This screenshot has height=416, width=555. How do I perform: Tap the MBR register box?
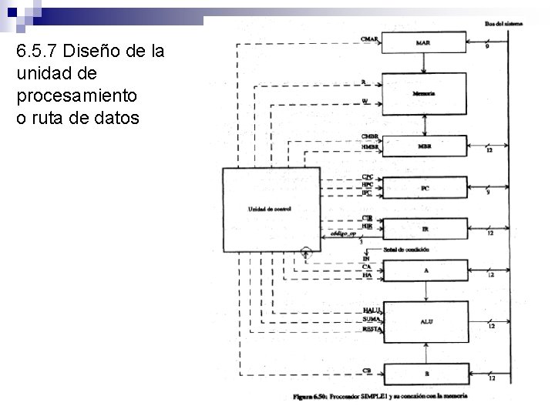[425, 146]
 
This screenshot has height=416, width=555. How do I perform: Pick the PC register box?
[425, 187]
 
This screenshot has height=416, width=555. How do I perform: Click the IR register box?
[425, 229]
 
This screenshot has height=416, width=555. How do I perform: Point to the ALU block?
[425, 321]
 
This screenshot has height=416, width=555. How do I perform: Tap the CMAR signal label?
[369, 39]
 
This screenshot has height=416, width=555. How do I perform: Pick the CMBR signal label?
[370, 137]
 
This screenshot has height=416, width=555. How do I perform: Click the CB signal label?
[368, 371]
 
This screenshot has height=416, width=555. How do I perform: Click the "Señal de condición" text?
[407, 250]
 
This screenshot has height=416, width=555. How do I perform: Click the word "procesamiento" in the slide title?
[76, 96]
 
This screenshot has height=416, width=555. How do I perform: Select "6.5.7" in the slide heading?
[37, 52]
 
